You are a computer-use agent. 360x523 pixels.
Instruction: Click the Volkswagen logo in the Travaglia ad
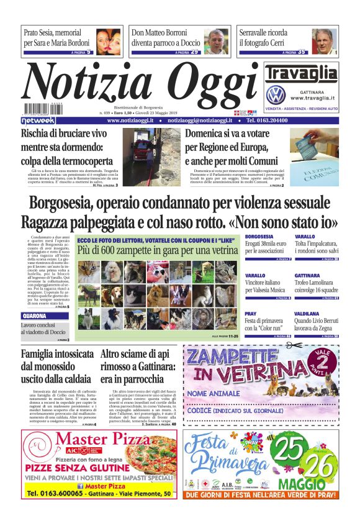click(275, 95)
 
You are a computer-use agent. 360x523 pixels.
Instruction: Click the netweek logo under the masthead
click(38, 120)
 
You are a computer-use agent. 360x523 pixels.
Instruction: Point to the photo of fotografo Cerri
click(324, 42)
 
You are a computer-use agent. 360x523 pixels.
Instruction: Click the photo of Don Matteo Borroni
click(216, 42)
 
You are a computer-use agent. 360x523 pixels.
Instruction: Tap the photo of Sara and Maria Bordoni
click(109, 42)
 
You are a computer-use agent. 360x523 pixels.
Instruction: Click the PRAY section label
click(251, 314)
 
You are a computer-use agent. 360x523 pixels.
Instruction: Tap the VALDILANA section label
click(305, 314)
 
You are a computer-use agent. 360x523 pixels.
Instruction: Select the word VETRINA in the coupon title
click(269, 374)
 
